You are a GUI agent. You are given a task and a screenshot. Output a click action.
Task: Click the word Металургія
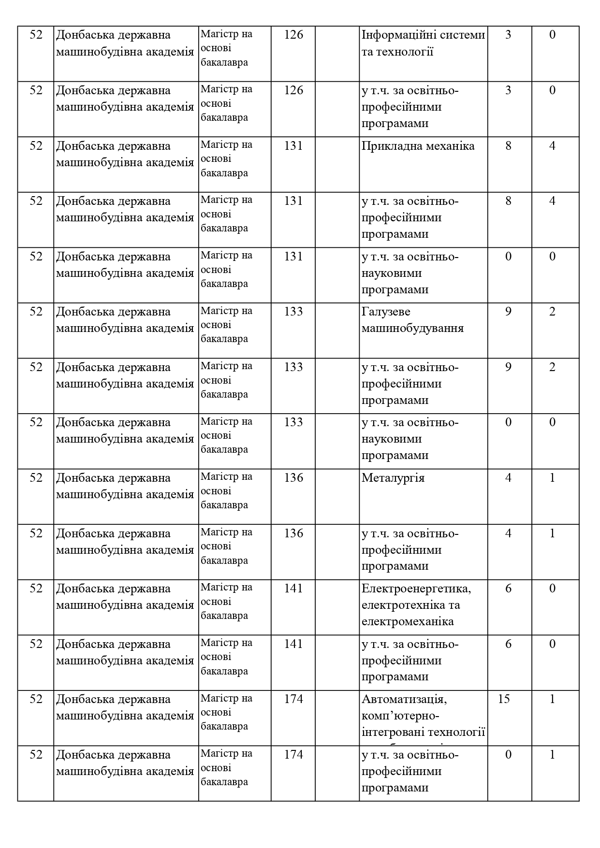coord(393,478)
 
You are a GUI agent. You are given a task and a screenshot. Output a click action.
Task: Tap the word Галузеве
coord(385,312)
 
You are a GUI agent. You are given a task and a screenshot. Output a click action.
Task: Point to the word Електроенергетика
coord(416,589)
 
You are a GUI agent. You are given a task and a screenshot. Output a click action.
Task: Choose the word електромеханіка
coord(408,621)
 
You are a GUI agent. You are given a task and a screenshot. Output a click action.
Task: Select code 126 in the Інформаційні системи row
coord(293,35)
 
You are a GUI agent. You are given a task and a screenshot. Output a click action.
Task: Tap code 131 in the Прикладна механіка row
coord(293,146)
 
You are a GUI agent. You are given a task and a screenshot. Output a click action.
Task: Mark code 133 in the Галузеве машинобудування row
coord(293,312)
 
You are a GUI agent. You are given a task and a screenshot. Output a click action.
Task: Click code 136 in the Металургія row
coord(293,478)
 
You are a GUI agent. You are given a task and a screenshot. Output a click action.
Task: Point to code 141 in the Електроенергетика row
coord(293,589)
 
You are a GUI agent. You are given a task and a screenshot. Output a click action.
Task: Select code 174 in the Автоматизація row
coord(293,699)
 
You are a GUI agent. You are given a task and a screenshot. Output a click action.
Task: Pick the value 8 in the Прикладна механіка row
coord(508,146)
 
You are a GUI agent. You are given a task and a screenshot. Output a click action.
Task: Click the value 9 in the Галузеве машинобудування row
coord(508,312)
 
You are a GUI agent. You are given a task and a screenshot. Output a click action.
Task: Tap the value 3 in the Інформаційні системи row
coord(508,35)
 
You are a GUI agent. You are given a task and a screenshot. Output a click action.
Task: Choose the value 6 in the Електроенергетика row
coord(508,589)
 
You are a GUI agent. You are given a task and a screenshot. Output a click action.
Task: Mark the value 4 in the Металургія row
coord(508,478)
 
